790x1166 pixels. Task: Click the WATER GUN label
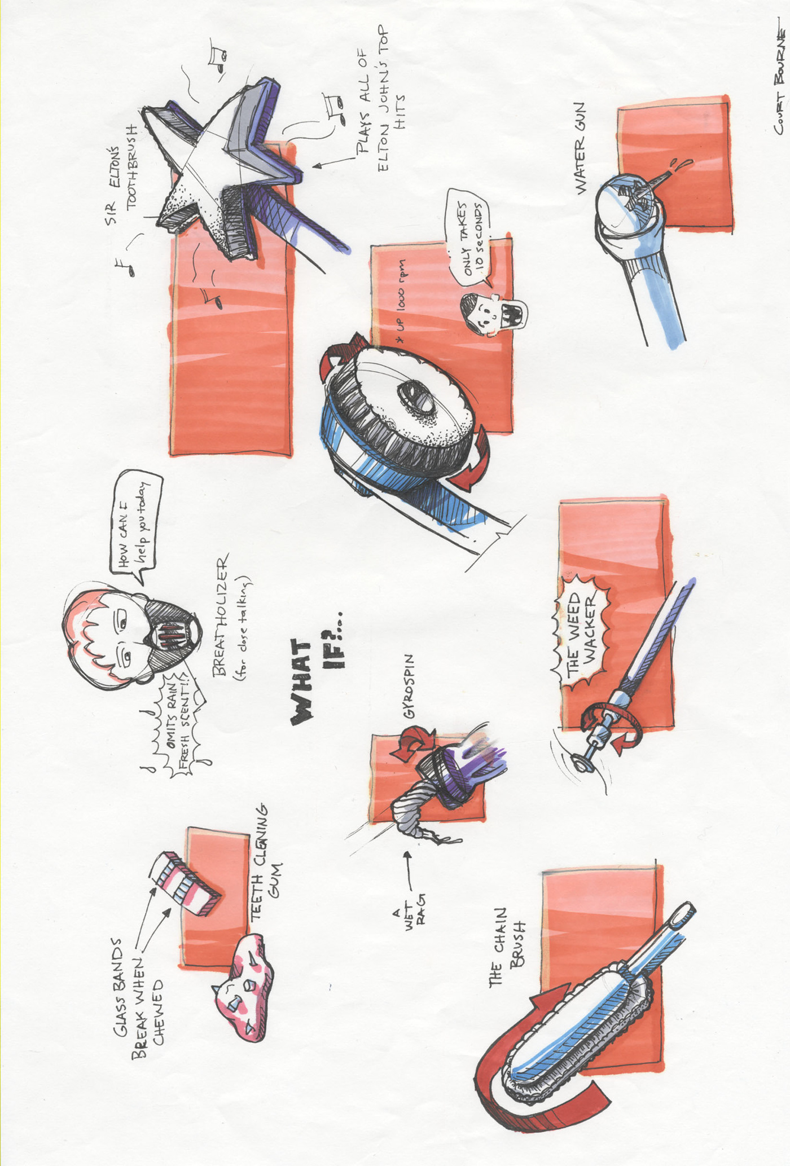coord(581,149)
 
